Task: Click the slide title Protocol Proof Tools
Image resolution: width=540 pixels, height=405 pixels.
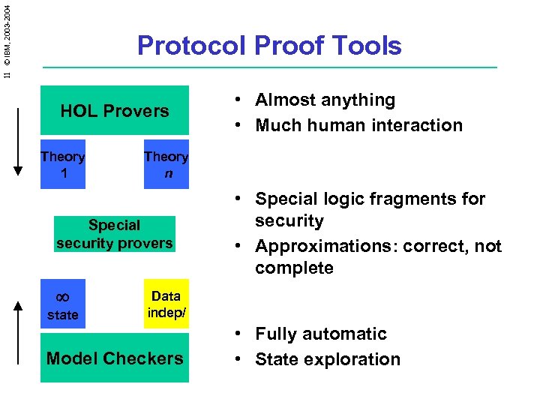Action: click(x=269, y=46)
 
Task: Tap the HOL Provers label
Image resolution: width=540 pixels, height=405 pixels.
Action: click(x=115, y=111)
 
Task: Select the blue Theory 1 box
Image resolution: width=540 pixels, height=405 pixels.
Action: click(x=62, y=164)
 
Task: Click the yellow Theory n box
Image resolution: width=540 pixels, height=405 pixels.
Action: click(x=166, y=164)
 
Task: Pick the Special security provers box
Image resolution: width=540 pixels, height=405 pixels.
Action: click(x=114, y=234)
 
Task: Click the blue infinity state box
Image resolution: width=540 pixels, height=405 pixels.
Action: click(x=62, y=304)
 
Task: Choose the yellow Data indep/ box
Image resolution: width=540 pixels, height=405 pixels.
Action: click(x=166, y=304)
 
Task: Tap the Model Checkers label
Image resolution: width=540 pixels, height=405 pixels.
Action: click(x=115, y=358)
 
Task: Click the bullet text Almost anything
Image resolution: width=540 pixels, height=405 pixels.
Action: click(x=325, y=100)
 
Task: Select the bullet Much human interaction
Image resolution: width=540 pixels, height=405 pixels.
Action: click(x=358, y=125)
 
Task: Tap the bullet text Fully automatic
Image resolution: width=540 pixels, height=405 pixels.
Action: click(x=320, y=334)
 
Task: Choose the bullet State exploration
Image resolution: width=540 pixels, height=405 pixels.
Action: click(x=328, y=359)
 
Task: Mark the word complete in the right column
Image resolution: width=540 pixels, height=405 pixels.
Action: click(x=294, y=268)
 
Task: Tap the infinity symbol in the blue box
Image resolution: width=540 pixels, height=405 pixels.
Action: click(x=62, y=297)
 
